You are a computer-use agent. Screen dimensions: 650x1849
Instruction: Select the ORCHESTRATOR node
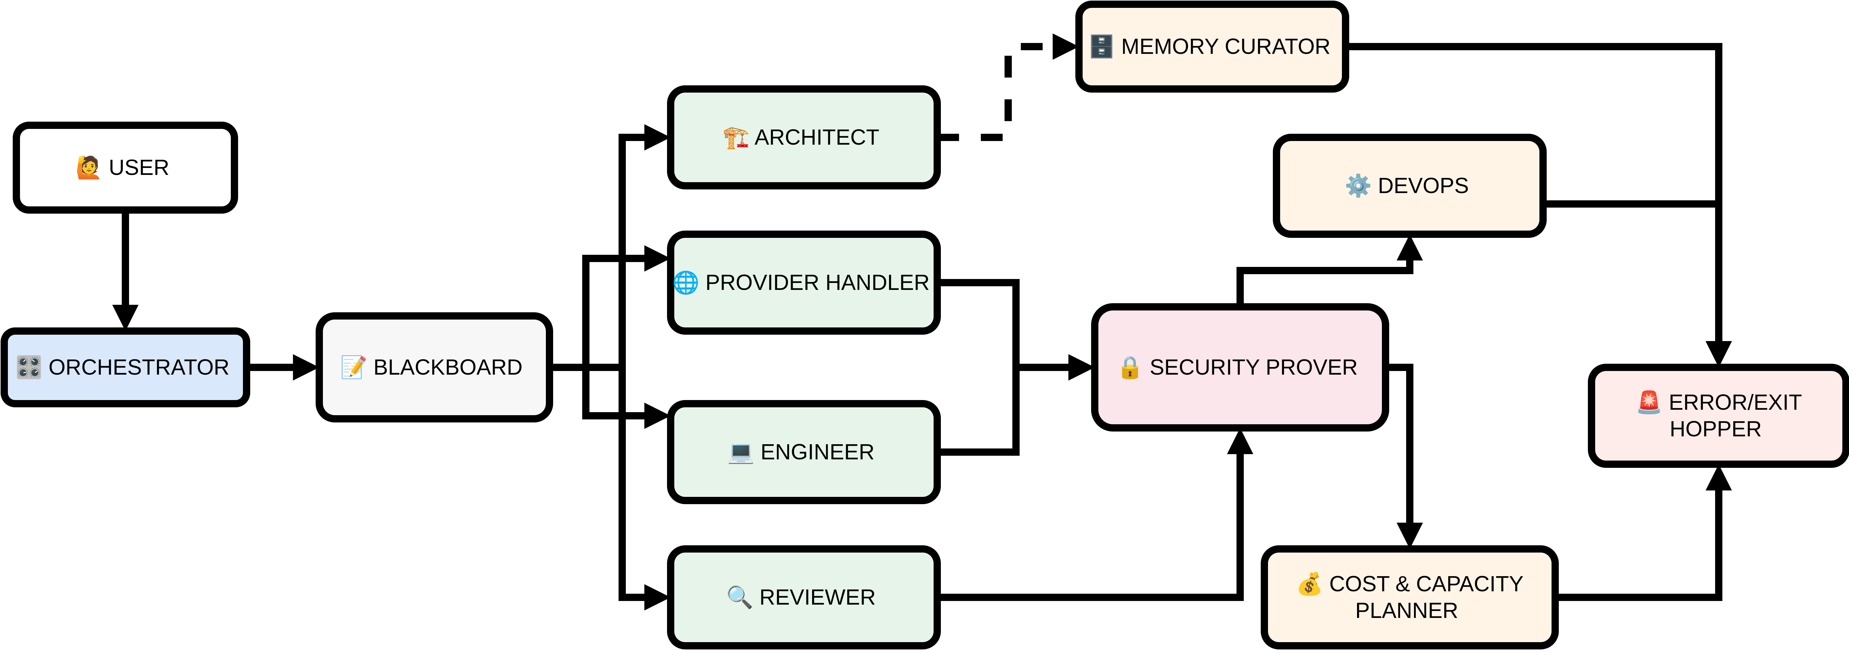[126, 367]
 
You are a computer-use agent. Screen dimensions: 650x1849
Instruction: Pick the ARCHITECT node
[803, 137]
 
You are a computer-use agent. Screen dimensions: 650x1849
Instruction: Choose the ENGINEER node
[803, 452]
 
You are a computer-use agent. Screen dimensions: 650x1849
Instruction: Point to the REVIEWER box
[803, 597]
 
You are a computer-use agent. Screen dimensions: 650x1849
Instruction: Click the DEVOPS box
[1409, 186]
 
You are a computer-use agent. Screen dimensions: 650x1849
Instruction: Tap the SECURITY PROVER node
[1240, 367]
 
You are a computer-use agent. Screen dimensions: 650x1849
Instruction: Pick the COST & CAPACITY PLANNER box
[1409, 597]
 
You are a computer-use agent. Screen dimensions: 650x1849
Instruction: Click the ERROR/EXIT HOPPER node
[1718, 415]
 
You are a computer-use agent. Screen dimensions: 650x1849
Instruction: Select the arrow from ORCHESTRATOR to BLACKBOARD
[281, 367]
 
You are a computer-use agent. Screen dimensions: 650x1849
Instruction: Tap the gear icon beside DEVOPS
[1357, 186]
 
